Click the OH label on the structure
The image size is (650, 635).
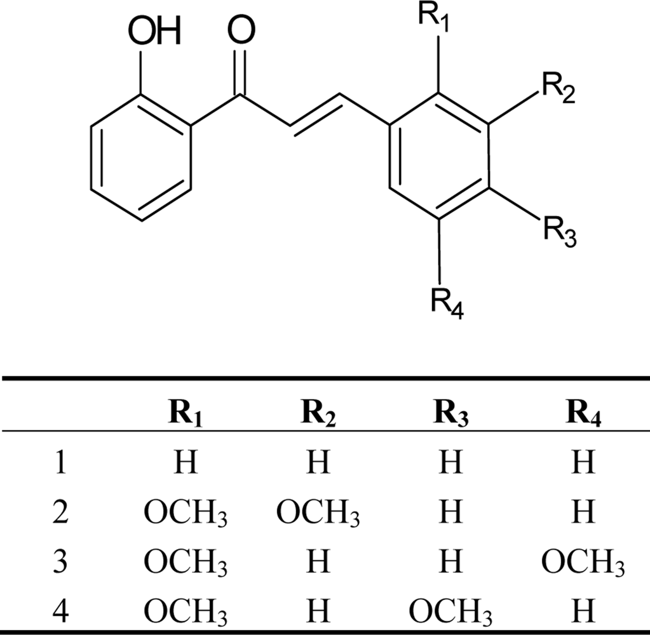(x=154, y=31)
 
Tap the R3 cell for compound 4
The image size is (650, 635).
(x=450, y=612)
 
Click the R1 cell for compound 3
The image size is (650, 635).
(x=186, y=562)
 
